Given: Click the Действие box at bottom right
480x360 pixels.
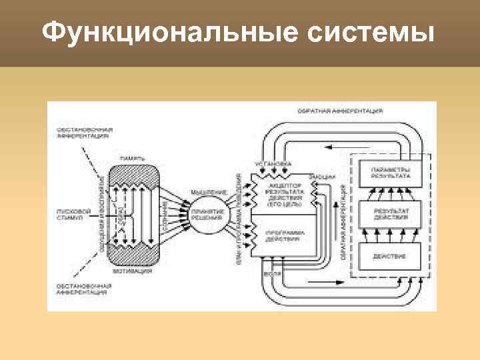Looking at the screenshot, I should [390, 257].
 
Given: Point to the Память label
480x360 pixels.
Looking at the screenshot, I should [133, 158].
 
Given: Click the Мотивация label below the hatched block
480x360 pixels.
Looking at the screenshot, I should [134, 271].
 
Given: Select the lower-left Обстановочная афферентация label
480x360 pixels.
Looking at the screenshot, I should [83, 289].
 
